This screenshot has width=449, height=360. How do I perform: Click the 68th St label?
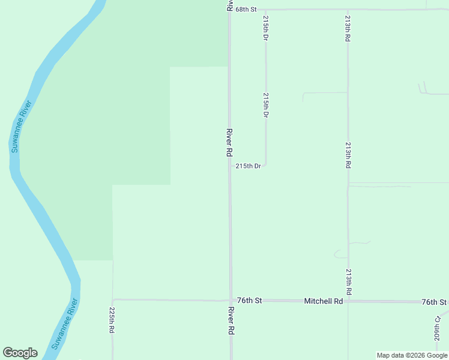pos(246,10)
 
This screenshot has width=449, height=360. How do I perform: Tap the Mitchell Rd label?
pos(323,301)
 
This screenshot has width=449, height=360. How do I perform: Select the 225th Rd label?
pos(112,320)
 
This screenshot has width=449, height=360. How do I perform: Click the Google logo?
pos(20,353)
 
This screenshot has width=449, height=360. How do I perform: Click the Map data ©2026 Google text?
pos(412,355)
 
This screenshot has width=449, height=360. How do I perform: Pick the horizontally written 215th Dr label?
pos(248,166)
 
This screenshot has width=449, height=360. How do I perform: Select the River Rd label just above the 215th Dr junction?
pos(229,142)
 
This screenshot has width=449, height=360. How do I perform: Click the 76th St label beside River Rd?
pos(250,300)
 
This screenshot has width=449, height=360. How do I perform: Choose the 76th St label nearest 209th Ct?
pos(434,302)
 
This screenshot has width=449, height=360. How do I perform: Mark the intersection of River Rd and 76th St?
pos(231,300)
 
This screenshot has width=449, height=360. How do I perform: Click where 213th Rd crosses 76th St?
pos(348,301)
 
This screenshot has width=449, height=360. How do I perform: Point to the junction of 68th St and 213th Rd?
pos(348,10)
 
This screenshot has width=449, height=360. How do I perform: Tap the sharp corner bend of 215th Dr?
pos(265,165)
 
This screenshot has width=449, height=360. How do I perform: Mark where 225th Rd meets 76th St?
pos(113,299)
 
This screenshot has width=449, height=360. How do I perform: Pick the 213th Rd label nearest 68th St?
pos(348,28)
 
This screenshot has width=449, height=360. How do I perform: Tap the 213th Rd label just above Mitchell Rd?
pos(348,281)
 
